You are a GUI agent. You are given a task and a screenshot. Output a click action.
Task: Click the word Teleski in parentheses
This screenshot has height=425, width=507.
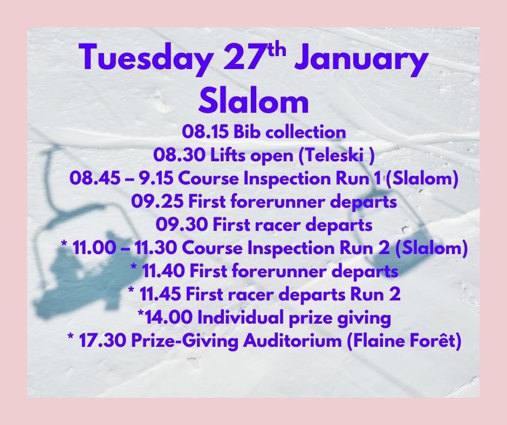click(326, 155)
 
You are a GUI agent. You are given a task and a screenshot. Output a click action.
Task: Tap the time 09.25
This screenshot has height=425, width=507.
click(152, 202)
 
